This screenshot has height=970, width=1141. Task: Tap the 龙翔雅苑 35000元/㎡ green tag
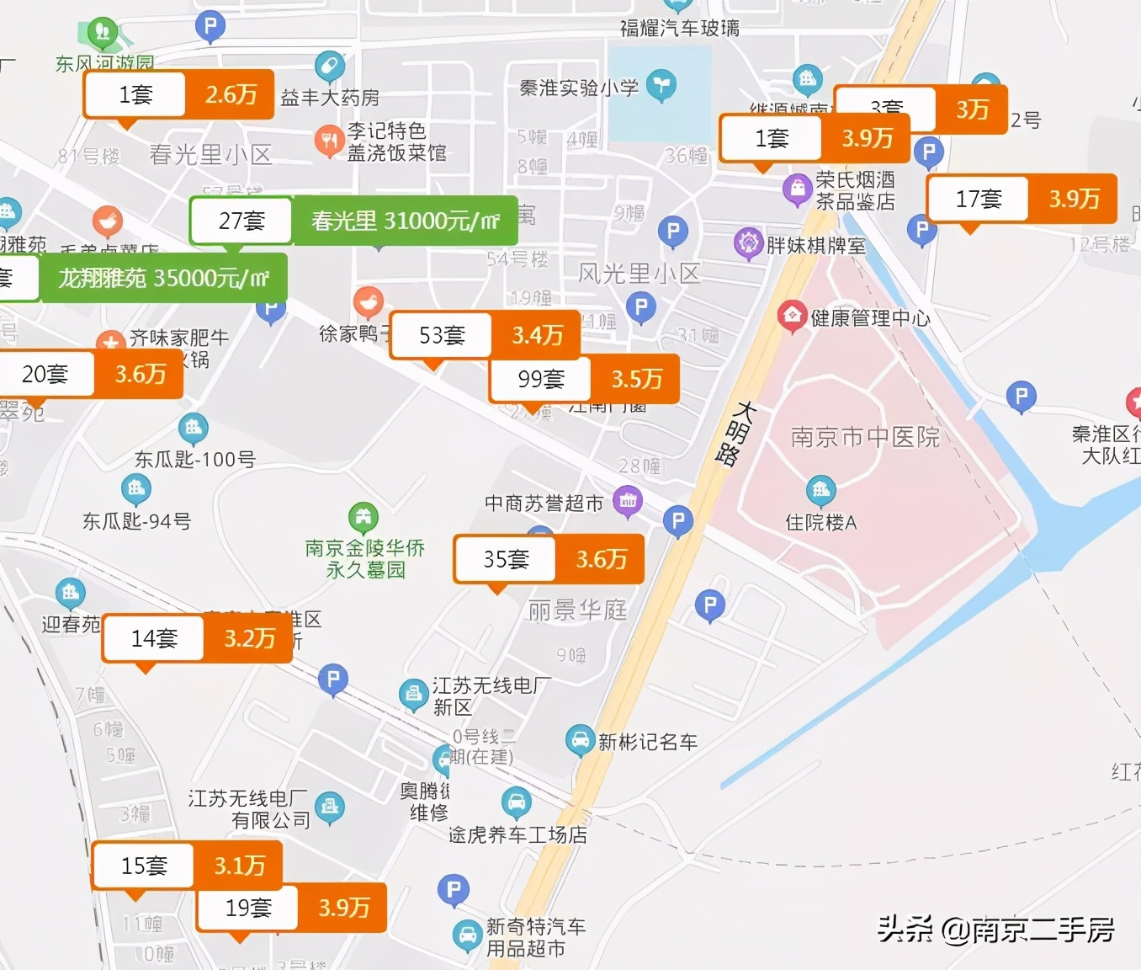162,278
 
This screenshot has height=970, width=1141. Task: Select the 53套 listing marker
485,335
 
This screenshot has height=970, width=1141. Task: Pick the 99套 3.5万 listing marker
584,379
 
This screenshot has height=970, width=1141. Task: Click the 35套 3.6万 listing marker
549,559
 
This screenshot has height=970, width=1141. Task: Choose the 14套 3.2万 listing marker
197,638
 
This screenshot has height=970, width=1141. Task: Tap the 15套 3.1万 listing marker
187,865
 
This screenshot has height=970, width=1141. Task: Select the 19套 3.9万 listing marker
291,908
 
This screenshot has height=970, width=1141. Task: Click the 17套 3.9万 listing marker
1022,199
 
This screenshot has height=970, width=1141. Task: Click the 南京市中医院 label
865,436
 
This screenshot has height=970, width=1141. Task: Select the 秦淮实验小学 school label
579,88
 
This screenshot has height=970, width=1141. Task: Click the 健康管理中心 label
870,317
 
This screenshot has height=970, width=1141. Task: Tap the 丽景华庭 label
577,610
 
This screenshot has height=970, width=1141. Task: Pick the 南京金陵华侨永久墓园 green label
364,558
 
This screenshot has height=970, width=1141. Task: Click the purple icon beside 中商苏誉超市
628,502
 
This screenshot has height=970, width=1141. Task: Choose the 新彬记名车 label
647,742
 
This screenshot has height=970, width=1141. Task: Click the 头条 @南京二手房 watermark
995,929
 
